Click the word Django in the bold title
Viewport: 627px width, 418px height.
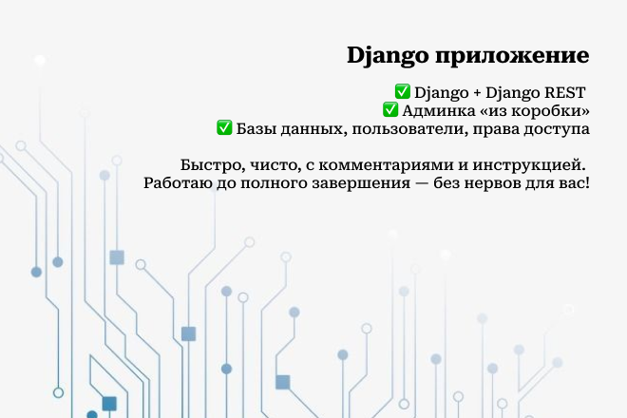click(x=374, y=55)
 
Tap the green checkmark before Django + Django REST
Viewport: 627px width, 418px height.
click(x=402, y=92)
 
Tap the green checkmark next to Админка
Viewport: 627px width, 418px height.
click(x=389, y=110)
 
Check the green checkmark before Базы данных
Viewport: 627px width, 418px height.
click(x=225, y=127)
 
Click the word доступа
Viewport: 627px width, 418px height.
click(x=559, y=128)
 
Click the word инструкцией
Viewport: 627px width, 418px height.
click(x=533, y=163)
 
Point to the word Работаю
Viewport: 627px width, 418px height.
click(x=177, y=181)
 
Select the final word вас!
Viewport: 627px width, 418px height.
click(x=575, y=181)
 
